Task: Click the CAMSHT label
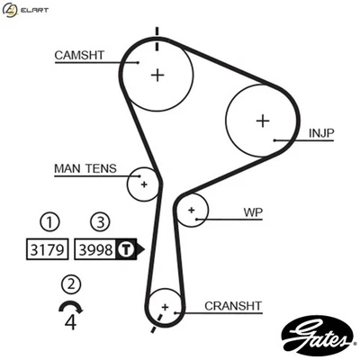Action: click(x=79, y=55)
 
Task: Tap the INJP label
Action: click(x=321, y=133)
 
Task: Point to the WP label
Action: click(x=252, y=213)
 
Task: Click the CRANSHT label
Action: click(x=232, y=305)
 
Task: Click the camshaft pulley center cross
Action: click(x=157, y=74)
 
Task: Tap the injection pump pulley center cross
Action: click(x=262, y=120)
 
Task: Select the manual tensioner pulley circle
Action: click(x=144, y=184)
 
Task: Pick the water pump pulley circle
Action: click(x=192, y=211)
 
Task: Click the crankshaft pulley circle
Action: click(x=164, y=308)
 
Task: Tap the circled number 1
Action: click(x=52, y=221)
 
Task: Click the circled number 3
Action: click(x=100, y=221)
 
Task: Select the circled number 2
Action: click(x=69, y=284)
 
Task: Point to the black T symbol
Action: click(x=127, y=247)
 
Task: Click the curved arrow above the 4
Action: click(x=68, y=307)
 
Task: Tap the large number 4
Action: click(x=70, y=322)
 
